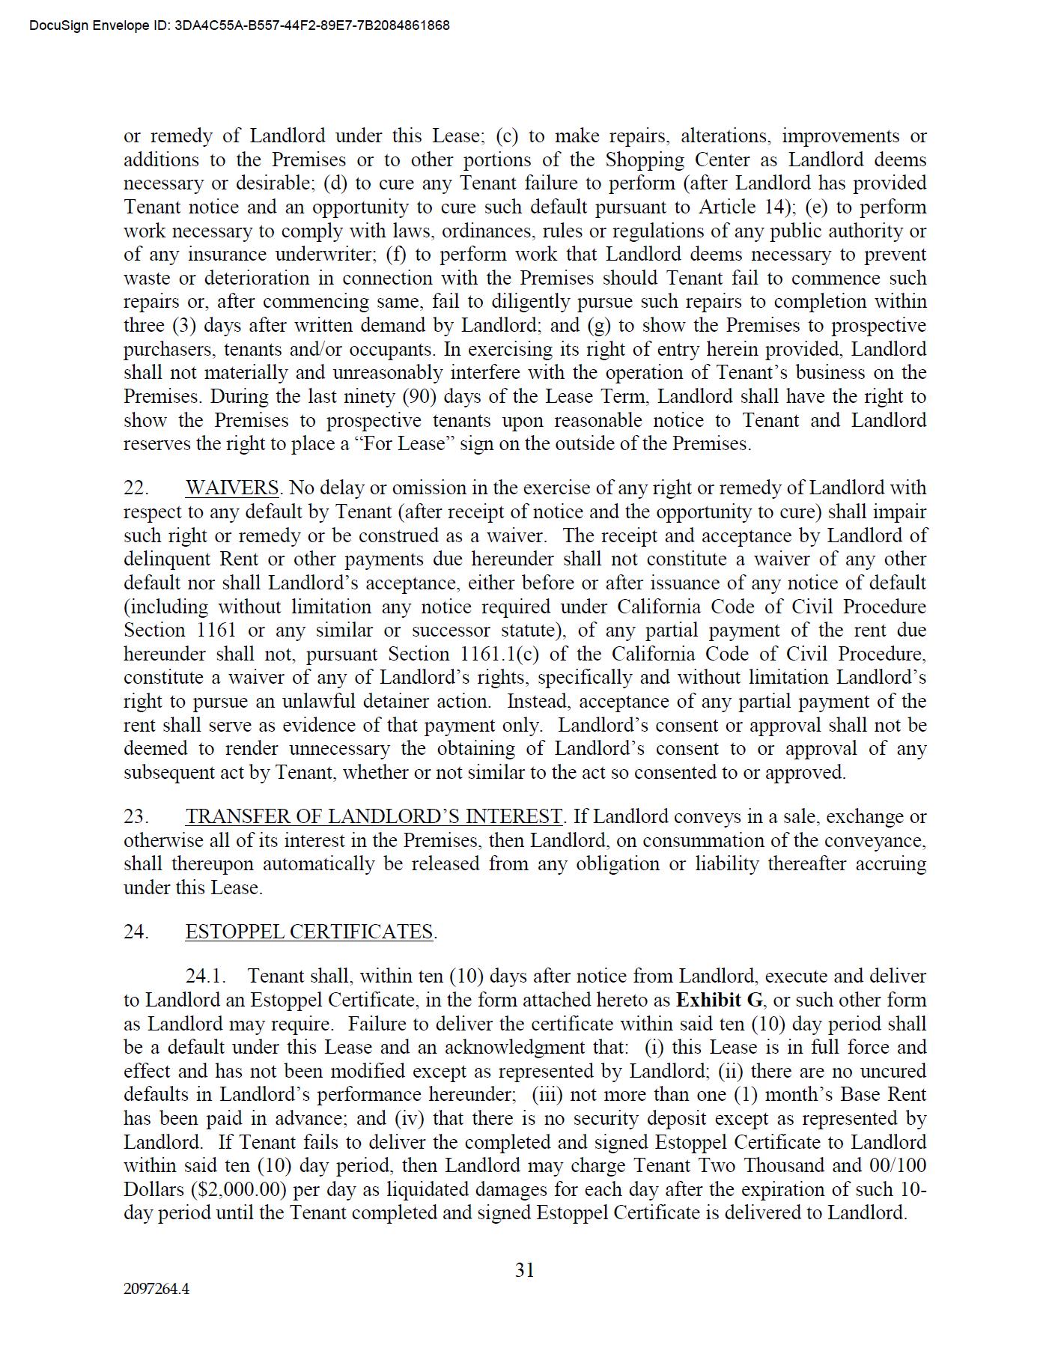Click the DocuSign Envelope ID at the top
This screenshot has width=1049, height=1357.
[x=240, y=25]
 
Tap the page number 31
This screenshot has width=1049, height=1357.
[x=524, y=1270]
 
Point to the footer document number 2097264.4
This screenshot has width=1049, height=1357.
[x=156, y=1290]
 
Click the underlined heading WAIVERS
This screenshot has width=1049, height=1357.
[x=232, y=488]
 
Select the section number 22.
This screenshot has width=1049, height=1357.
[x=136, y=488]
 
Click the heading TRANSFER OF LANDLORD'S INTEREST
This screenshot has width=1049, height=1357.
[x=374, y=817]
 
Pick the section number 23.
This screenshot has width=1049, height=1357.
[x=136, y=817]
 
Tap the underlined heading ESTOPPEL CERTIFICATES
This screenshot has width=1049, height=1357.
[x=309, y=932]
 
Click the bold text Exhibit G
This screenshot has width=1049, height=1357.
[x=720, y=1001]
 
